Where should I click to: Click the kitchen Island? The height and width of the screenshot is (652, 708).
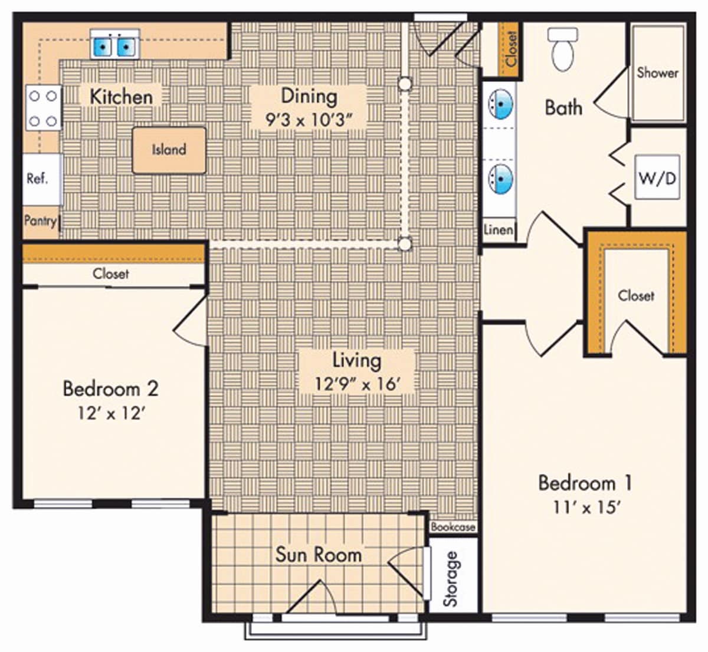click(x=169, y=150)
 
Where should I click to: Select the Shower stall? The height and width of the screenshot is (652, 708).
click(x=657, y=73)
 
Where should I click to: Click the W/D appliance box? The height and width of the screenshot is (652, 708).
click(x=657, y=177)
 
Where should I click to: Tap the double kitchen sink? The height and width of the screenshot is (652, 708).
click(x=115, y=45)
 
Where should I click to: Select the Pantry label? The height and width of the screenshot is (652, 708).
click(x=40, y=221)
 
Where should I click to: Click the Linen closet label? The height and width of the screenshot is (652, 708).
click(x=499, y=229)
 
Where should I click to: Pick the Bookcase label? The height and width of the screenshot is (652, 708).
click(x=453, y=527)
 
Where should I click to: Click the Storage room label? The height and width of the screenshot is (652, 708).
click(x=451, y=579)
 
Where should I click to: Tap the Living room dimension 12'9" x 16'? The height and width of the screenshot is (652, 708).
click(x=358, y=384)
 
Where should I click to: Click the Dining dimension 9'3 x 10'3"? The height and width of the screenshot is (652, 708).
click(x=309, y=120)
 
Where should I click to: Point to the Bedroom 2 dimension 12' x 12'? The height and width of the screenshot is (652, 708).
click(x=111, y=413)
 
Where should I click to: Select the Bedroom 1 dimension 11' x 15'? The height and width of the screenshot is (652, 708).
click(x=585, y=507)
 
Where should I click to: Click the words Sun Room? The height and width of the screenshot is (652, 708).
click(x=319, y=555)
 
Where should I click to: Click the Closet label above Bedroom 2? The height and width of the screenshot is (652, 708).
click(x=111, y=274)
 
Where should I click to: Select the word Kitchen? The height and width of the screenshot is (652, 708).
click(x=121, y=97)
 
